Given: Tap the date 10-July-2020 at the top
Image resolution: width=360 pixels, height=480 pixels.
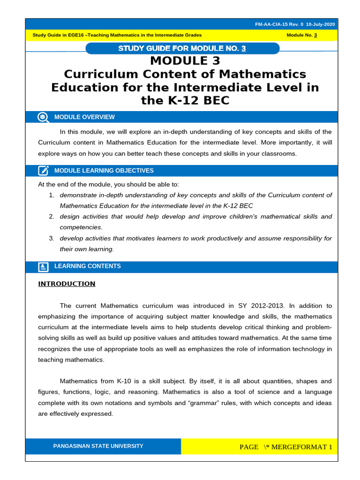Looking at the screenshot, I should click(321, 24).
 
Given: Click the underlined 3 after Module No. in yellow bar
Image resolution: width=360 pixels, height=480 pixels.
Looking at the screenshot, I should click(315, 35).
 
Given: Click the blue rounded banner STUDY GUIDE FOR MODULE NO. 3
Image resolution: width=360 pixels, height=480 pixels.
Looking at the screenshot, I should click(182, 48).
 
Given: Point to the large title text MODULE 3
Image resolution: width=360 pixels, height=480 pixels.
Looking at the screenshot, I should click(185, 61).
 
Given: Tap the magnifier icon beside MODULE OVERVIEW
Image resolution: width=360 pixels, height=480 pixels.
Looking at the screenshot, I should click(43, 117).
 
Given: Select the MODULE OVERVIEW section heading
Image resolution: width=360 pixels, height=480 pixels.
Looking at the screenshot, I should click(84, 117).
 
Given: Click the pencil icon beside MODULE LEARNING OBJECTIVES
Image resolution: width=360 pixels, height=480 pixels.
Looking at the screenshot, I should click(43, 171).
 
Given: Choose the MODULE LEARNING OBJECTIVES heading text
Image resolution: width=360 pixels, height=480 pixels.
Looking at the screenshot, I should click(104, 171).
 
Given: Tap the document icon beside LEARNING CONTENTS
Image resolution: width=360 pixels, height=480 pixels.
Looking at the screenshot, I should click(43, 267).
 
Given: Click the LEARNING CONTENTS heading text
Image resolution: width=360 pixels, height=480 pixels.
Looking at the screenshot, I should click(87, 266).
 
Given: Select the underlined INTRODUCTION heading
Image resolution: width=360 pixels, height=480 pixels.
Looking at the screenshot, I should click(67, 284).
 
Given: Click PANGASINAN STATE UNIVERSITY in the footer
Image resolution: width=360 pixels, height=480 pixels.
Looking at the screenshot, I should click(98, 446).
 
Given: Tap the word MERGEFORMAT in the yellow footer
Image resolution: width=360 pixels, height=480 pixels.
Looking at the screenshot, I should click(296, 447).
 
